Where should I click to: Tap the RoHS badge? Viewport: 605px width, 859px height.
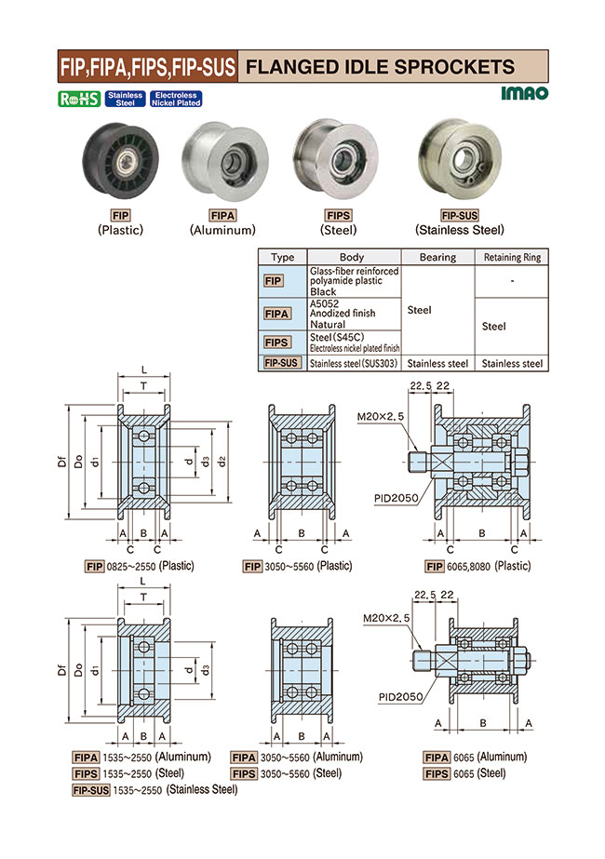click(80, 99)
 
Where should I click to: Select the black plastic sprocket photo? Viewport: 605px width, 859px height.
click(120, 165)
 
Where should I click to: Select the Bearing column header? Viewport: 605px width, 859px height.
click(437, 257)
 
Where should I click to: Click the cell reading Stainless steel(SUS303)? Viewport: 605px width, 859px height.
click(353, 364)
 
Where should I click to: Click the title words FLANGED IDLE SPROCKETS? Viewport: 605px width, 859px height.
click(379, 67)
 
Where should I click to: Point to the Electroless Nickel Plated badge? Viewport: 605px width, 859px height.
click(176, 99)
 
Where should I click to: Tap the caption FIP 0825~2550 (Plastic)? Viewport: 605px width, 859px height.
click(139, 566)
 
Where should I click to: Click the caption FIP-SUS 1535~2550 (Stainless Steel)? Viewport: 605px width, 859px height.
click(154, 789)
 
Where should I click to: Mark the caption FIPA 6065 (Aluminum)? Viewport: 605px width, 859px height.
click(475, 757)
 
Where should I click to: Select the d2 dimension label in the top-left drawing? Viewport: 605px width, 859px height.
click(222, 462)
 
